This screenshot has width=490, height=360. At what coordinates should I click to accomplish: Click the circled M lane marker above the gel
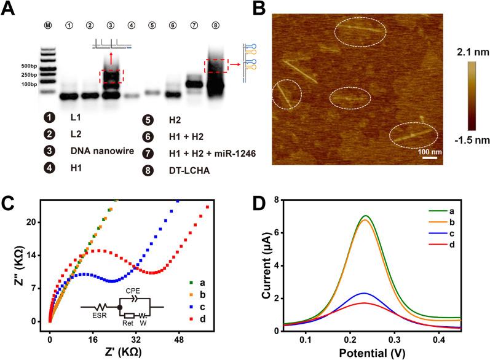48,26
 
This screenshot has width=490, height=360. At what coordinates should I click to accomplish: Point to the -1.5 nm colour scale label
468,140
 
